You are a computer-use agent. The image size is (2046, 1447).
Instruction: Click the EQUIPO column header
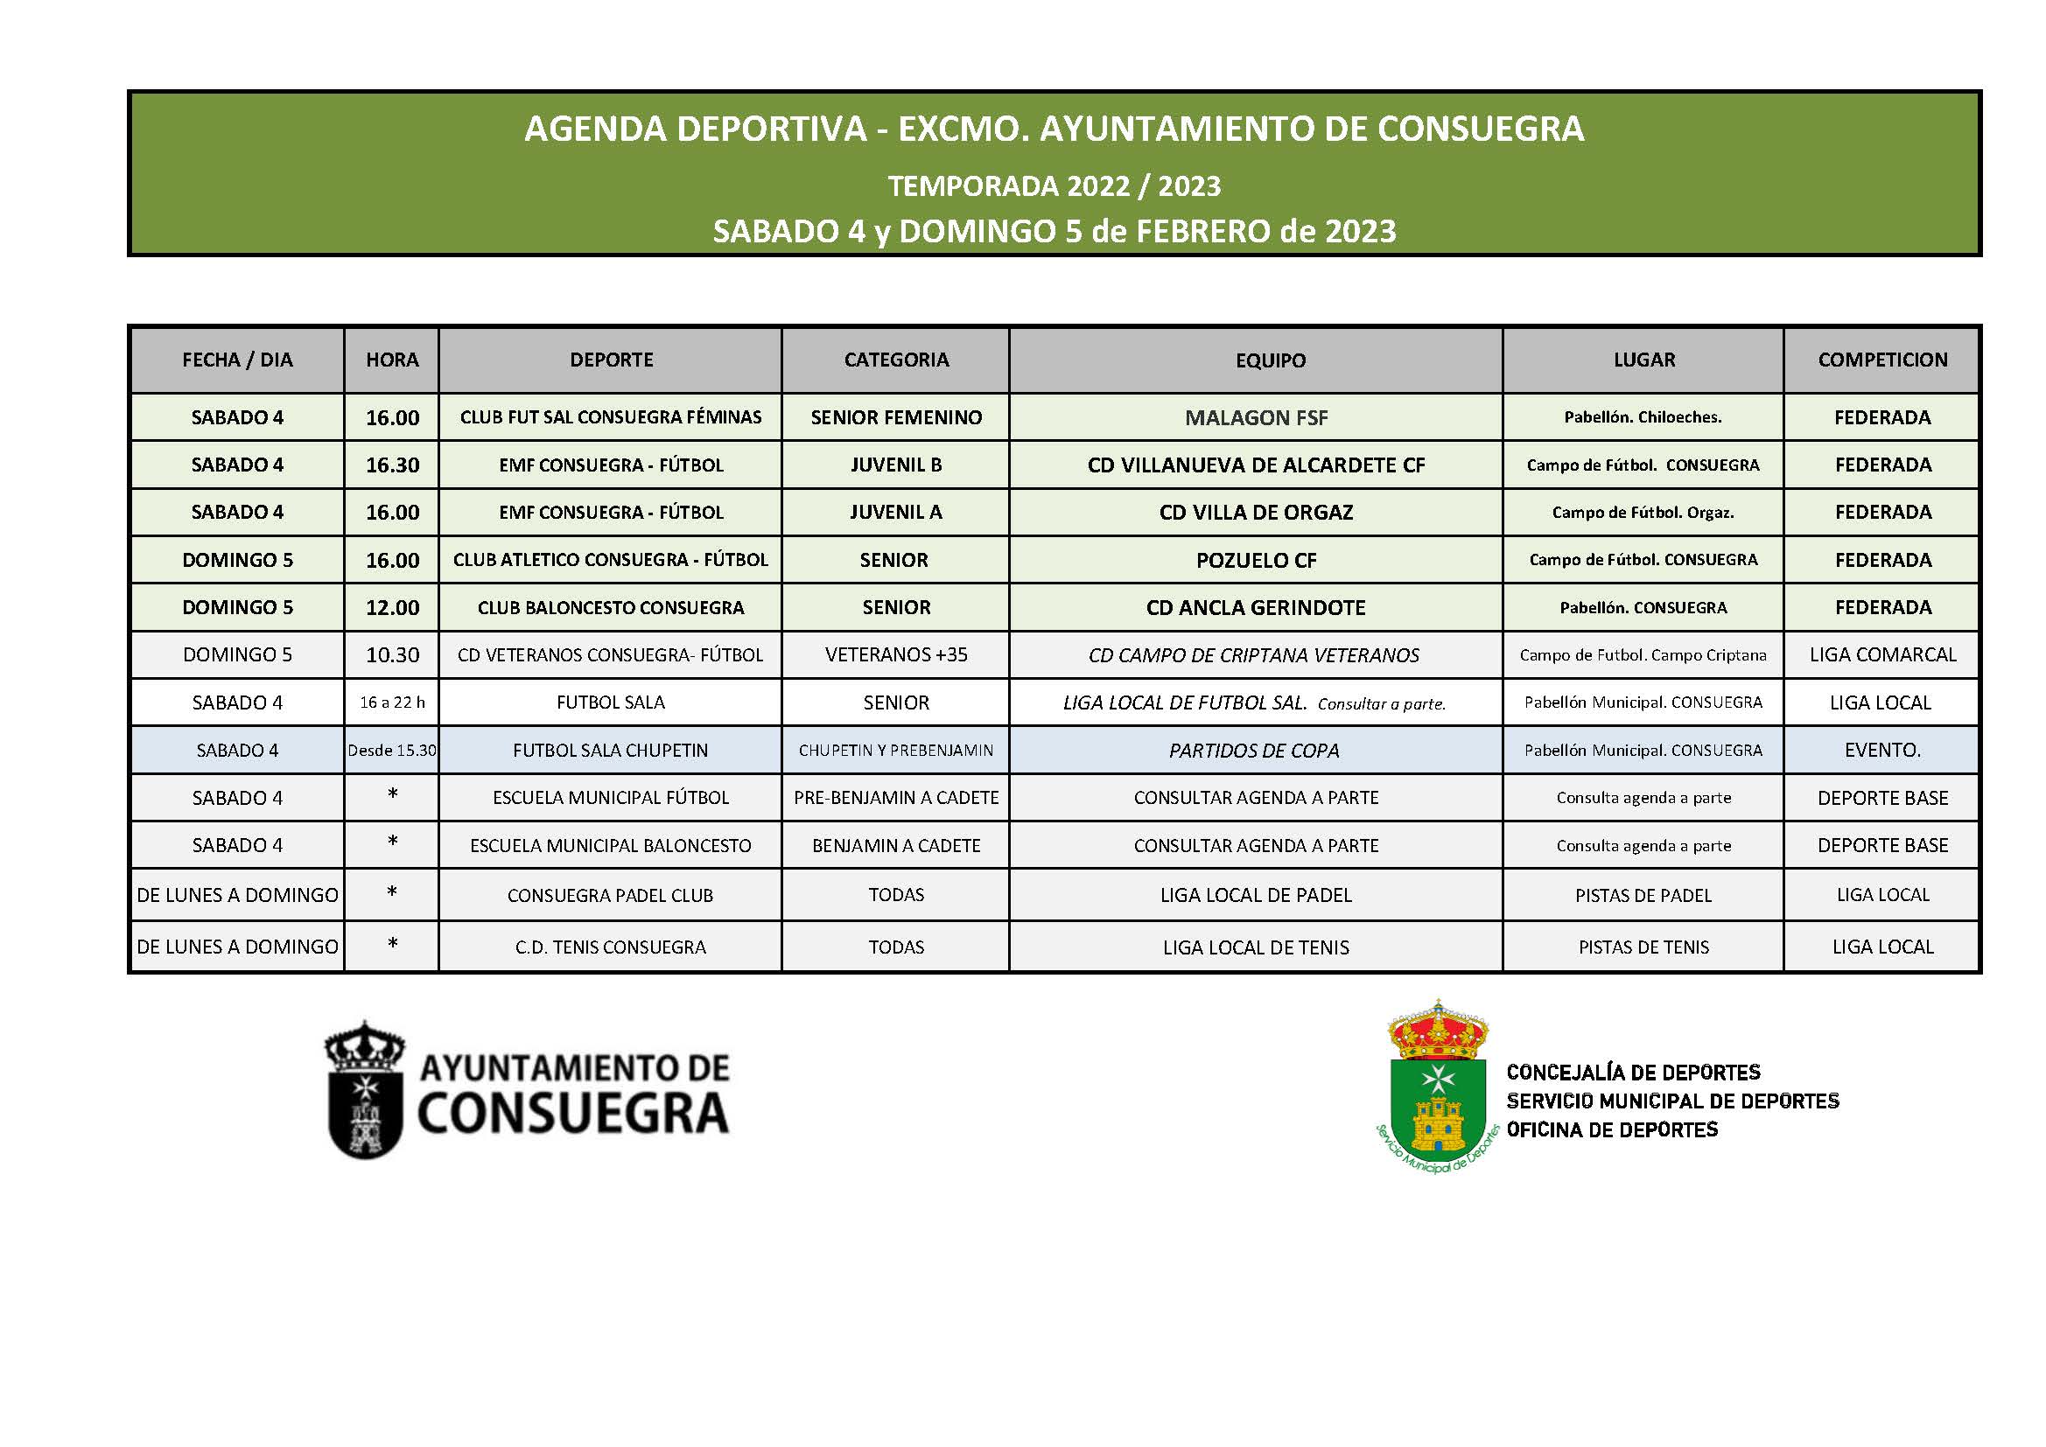tap(1270, 360)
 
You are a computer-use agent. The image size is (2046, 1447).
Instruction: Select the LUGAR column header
tap(1643, 360)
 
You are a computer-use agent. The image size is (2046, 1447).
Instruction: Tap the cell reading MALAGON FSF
tap(1256, 418)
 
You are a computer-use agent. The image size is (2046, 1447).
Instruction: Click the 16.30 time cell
tap(392, 465)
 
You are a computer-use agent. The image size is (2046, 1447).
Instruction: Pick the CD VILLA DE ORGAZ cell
tap(1256, 513)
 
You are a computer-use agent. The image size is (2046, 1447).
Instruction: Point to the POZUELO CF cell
tap(1256, 561)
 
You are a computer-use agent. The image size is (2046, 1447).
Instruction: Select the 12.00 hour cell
tap(392, 608)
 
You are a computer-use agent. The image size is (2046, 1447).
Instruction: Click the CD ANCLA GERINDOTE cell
tap(1256, 608)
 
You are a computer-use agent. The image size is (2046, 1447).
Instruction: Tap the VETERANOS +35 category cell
tap(895, 655)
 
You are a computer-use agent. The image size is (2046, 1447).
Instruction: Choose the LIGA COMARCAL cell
tap(1882, 655)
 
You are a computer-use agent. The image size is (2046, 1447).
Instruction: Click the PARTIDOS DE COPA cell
tap(1254, 751)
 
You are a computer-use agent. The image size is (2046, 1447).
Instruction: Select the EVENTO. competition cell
tap(1882, 751)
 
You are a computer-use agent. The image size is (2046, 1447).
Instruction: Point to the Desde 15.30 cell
tap(392, 751)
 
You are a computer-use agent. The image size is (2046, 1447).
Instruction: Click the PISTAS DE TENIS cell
tap(1643, 947)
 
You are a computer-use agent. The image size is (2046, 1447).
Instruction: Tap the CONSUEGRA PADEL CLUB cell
tap(611, 896)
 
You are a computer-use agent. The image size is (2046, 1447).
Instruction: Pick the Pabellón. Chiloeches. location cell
tap(1643, 417)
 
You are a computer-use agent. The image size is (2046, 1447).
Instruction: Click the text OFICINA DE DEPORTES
tap(1611, 1129)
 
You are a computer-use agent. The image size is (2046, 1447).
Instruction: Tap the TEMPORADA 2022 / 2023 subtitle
tap(1055, 186)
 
